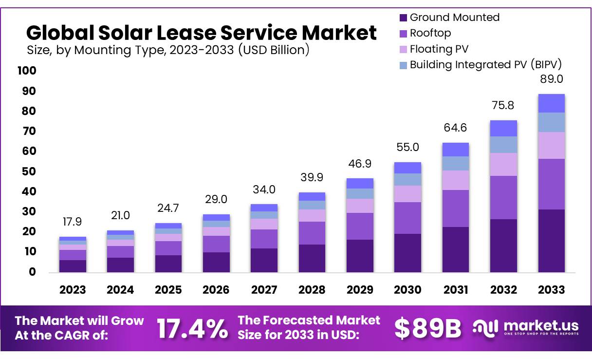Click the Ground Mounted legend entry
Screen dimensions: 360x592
point(449,18)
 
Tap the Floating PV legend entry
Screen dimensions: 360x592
point(433,49)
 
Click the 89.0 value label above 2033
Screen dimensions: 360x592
point(552,79)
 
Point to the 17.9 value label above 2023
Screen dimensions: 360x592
point(73,222)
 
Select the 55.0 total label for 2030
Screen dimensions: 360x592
point(407,147)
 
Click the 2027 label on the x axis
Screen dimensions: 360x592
point(264,290)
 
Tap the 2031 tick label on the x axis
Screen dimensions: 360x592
point(456,290)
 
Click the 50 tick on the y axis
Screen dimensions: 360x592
point(29,171)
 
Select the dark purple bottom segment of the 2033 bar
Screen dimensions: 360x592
point(552,241)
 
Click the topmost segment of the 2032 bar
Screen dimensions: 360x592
point(503,128)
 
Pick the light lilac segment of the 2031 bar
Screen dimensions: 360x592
point(456,180)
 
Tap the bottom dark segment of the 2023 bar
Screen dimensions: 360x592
point(73,266)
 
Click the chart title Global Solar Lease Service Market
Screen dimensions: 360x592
point(201,33)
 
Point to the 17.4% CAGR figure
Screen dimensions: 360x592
point(192,329)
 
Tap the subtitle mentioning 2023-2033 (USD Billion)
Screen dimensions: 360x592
point(168,50)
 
